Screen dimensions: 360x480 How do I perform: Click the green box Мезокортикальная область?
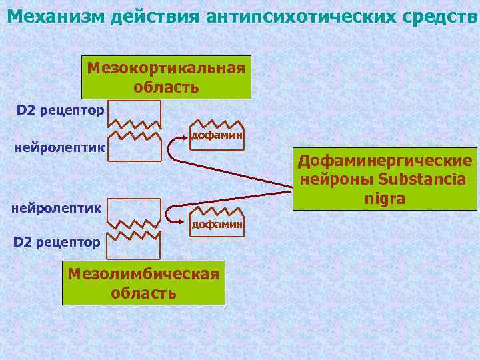pyautogui.click(x=166, y=77)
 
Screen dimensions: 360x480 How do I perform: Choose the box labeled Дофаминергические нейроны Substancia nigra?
pyautogui.click(x=385, y=179)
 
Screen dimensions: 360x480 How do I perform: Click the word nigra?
pyautogui.click(x=385, y=199)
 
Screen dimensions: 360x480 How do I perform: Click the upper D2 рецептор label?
pyautogui.click(x=60, y=110)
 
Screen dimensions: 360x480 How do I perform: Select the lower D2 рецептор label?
pyautogui.click(x=57, y=241)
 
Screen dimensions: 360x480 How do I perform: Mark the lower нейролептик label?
pyautogui.click(x=57, y=208)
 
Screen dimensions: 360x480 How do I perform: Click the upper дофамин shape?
pyautogui.click(x=217, y=133)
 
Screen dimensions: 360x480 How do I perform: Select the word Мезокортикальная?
pyautogui.click(x=166, y=68)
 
